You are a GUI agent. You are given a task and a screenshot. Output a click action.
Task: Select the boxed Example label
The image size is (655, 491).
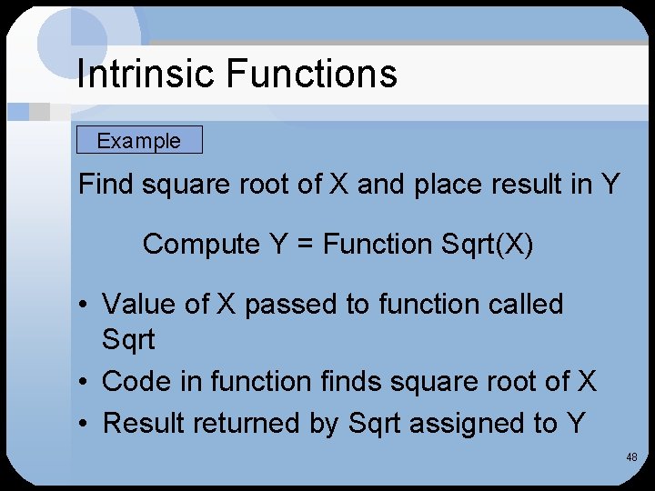click(139, 141)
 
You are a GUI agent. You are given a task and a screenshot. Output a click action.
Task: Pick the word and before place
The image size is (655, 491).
click(379, 185)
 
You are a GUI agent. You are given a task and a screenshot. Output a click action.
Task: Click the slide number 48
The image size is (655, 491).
click(631, 457)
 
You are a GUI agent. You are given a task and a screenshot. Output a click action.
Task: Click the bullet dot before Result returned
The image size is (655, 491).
click(85, 424)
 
